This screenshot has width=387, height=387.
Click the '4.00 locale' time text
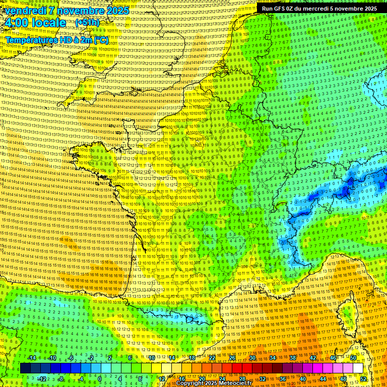35,23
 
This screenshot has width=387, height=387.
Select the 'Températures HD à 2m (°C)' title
57,39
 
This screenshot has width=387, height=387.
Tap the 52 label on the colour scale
364,379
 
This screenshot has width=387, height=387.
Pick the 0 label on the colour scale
100,379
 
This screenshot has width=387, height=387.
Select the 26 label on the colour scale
232,358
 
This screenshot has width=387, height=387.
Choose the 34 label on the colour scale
273,358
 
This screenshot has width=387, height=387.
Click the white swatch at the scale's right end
358,368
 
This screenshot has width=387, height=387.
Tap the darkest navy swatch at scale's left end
25,368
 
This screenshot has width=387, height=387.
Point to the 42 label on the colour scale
313,358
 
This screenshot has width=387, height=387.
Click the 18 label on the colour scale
192,358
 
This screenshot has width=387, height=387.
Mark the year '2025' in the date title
117,11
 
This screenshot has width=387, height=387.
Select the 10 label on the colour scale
152,358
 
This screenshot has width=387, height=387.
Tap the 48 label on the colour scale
343,379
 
